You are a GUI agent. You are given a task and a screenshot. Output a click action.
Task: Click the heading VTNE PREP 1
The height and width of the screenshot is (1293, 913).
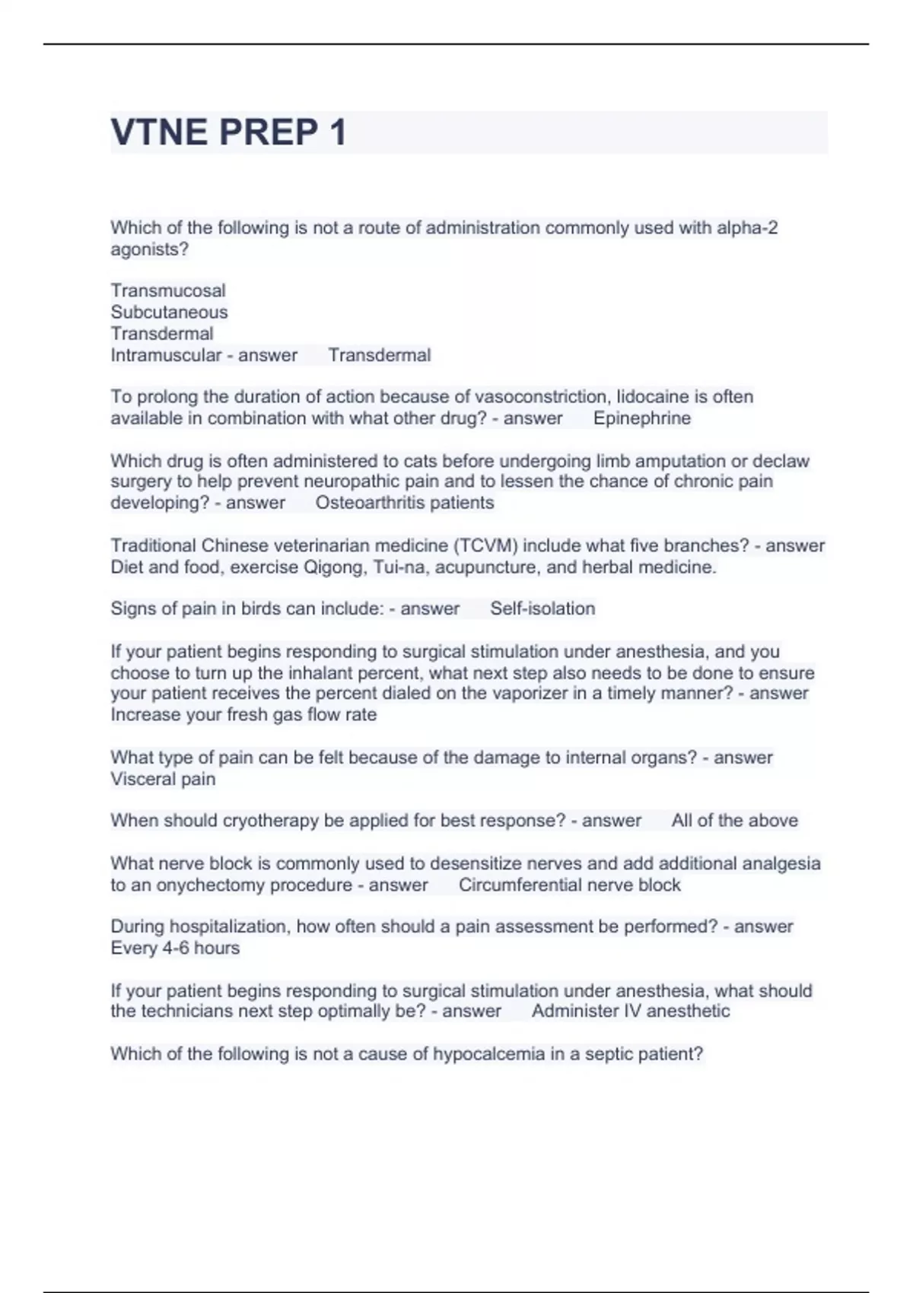click(228, 132)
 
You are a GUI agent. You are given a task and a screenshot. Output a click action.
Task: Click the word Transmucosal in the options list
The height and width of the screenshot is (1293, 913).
click(168, 291)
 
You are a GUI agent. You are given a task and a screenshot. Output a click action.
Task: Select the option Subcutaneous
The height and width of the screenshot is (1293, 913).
click(169, 312)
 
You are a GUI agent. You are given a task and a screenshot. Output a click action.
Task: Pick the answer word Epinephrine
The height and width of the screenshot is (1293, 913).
click(642, 418)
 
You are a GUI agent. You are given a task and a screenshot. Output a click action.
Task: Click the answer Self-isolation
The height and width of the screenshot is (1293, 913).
click(542, 608)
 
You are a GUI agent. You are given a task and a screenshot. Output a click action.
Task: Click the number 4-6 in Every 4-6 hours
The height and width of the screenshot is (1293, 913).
click(176, 948)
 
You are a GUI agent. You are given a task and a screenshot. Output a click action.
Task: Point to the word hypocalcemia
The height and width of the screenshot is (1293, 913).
click(494, 1053)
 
